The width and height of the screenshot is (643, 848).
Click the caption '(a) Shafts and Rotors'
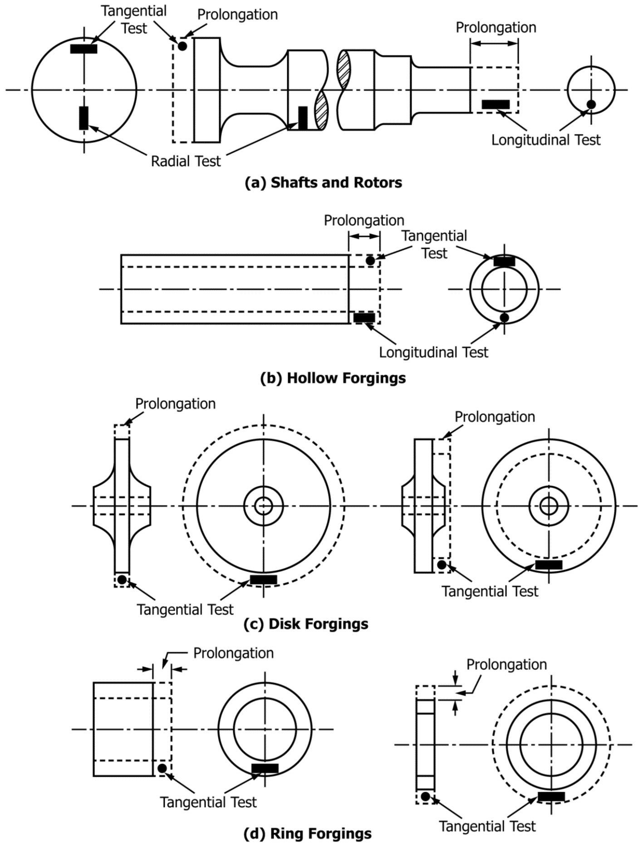click(323, 182)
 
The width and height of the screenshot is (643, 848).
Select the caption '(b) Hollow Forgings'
click(333, 378)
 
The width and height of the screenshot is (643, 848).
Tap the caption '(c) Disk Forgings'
click(306, 624)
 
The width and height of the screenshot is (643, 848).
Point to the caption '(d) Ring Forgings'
click(307, 833)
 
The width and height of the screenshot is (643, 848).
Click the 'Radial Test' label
click(186, 161)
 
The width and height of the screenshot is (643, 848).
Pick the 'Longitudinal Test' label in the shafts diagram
click(545, 140)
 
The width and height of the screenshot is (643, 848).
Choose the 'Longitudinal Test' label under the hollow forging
click(433, 352)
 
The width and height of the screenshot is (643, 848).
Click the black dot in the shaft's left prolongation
click(182, 46)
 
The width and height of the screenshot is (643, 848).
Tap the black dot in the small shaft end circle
click(591, 104)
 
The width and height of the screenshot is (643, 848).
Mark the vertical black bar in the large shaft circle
click(83, 118)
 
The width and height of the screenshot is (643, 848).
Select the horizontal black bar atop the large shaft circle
click(83, 49)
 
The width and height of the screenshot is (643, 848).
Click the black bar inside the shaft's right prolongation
click(496, 104)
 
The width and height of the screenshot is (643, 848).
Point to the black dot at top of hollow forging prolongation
click(370, 261)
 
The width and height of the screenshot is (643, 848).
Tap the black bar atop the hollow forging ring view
click(504, 261)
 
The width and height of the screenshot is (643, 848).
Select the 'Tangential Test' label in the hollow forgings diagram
click(434, 245)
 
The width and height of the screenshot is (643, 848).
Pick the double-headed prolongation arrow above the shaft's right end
click(494, 44)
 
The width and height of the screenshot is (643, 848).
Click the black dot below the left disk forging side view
click(122, 580)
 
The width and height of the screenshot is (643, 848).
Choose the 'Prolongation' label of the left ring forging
click(233, 653)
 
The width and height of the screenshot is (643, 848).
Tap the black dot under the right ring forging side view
click(425, 796)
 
